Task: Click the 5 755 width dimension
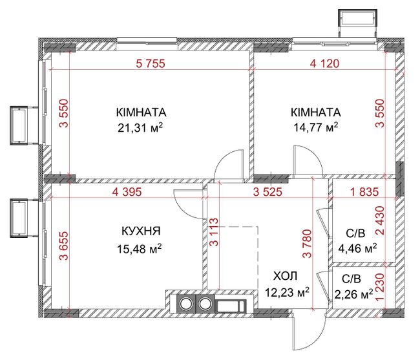coord(151,64)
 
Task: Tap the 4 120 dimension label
coord(324,64)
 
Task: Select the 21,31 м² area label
coord(140,128)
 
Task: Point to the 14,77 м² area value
coord(316,127)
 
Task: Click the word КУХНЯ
coord(141,231)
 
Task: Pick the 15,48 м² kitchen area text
coord(140,249)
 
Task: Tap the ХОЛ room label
coord(285,276)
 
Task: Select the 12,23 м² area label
coord(287,293)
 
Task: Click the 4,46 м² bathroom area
coord(358,249)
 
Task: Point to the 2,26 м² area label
coord(354,294)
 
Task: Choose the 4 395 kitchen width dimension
coord(127,192)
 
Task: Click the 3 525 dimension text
coord(268,192)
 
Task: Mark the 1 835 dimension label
coord(365,192)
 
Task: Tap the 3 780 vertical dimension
coord(307,244)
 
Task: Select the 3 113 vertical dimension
coord(214,232)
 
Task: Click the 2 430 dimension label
coord(379,220)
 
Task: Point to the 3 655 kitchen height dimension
coord(64,246)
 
